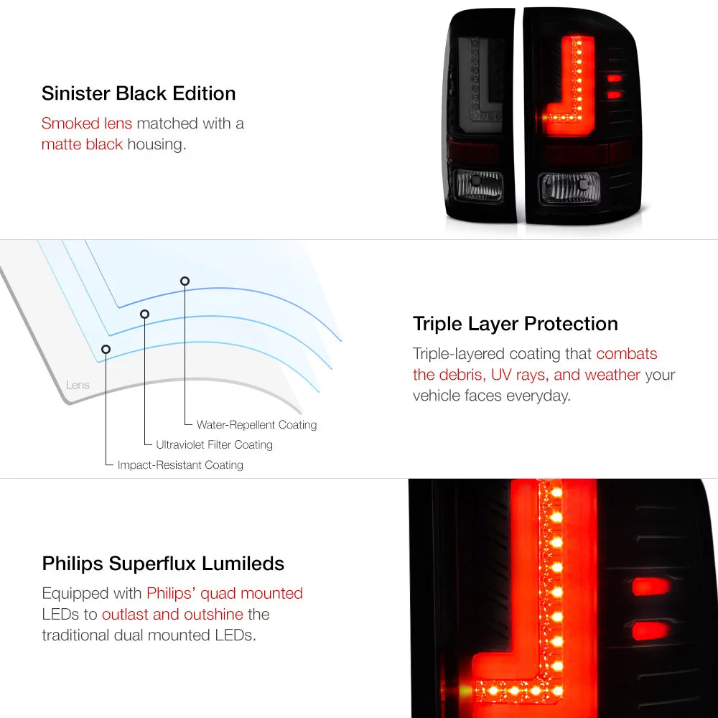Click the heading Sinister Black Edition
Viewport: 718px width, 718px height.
click(139, 93)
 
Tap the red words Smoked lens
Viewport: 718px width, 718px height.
click(87, 123)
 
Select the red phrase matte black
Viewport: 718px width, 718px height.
click(82, 144)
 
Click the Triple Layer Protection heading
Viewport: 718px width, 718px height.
click(515, 325)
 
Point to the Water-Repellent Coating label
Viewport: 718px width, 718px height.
click(256, 425)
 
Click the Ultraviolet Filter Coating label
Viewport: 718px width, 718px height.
click(214, 444)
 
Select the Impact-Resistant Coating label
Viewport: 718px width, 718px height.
click(180, 465)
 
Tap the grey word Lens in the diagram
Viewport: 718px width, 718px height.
click(78, 385)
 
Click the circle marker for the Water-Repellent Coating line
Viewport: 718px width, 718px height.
click(185, 281)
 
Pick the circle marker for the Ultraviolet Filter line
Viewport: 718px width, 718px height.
click(145, 314)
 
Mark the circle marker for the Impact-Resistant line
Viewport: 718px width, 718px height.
click(106, 350)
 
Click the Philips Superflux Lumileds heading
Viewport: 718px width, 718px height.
click(163, 564)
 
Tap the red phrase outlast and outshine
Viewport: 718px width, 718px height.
click(172, 614)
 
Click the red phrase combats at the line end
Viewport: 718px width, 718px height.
click(626, 354)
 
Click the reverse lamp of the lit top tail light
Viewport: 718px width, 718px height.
click(569, 187)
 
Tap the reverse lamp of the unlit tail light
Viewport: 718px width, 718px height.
click(477, 185)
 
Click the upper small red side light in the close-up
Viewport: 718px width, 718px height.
click(651, 587)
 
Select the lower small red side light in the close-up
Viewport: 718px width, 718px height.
click(651, 630)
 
